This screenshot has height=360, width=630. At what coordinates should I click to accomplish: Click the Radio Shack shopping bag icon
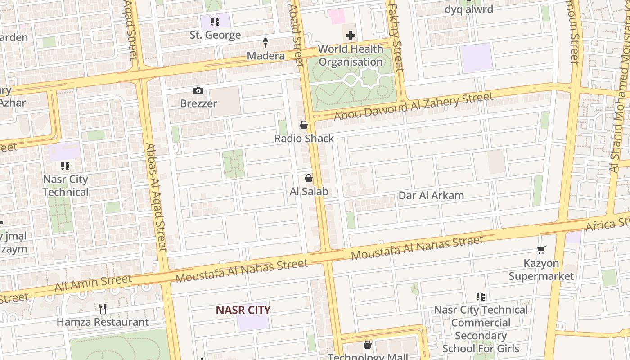click(304, 125)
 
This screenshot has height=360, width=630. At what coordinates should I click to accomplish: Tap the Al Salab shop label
click(309, 191)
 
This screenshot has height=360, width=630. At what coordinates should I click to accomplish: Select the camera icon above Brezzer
click(198, 91)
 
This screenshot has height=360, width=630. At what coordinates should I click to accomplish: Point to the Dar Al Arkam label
click(431, 195)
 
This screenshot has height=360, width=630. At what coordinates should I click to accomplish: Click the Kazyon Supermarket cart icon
click(541, 250)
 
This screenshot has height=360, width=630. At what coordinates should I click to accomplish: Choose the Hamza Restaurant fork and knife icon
click(103, 308)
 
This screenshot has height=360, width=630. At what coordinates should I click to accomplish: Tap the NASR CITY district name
click(243, 310)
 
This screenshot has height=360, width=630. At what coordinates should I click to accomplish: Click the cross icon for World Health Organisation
click(350, 36)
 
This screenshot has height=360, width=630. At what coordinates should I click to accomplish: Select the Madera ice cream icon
click(265, 43)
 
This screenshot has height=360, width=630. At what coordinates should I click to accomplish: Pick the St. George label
click(215, 35)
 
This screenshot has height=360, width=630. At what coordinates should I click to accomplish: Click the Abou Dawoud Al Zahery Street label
click(413, 106)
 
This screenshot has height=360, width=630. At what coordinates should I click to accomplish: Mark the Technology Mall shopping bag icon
click(368, 345)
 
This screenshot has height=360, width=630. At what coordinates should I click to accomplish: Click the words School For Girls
click(481, 348)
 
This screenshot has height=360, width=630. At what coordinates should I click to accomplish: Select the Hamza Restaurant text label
click(103, 322)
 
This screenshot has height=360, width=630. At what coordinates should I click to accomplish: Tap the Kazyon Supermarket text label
click(541, 270)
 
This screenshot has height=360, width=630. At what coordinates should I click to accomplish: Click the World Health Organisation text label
click(351, 55)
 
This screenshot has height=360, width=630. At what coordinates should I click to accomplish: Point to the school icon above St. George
click(215, 22)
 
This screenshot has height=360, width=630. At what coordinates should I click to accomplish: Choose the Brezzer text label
click(198, 103)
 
